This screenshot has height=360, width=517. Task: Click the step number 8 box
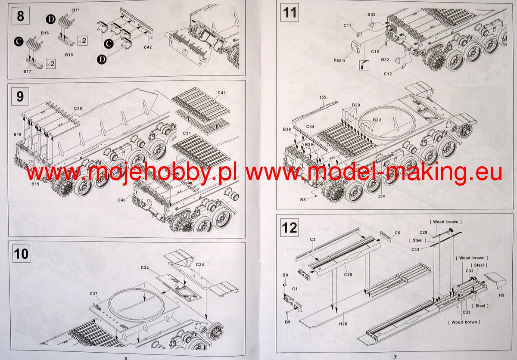[x=21, y=16]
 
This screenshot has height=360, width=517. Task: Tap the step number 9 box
[x=20, y=96]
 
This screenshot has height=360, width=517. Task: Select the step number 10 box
[x=21, y=254]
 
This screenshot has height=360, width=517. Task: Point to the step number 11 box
[x=290, y=12]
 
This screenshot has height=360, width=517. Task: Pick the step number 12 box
[x=290, y=228]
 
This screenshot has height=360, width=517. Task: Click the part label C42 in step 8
[x=148, y=47]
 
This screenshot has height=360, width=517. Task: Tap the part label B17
[x=27, y=71]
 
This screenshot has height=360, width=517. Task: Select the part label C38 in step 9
[x=78, y=108]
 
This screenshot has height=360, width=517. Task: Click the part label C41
[x=221, y=93]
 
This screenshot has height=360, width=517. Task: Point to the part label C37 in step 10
[x=93, y=294]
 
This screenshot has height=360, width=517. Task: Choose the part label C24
[x=200, y=264]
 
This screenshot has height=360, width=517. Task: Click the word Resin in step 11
[x=339, y=60]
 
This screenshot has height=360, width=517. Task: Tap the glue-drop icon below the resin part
[x=364, y=65]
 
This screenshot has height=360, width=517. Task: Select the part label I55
[x=323, y=97]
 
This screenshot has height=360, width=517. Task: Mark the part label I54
[x=382, y=196]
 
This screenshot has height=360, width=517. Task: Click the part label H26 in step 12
[x=343, y=324]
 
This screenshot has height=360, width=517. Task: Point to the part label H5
[x=501, y=295]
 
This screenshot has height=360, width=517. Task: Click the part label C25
[x=348, y=274]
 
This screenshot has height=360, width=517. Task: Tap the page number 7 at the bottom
[x=395, y=357]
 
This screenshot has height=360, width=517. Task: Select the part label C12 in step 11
[x=388, y=74]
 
